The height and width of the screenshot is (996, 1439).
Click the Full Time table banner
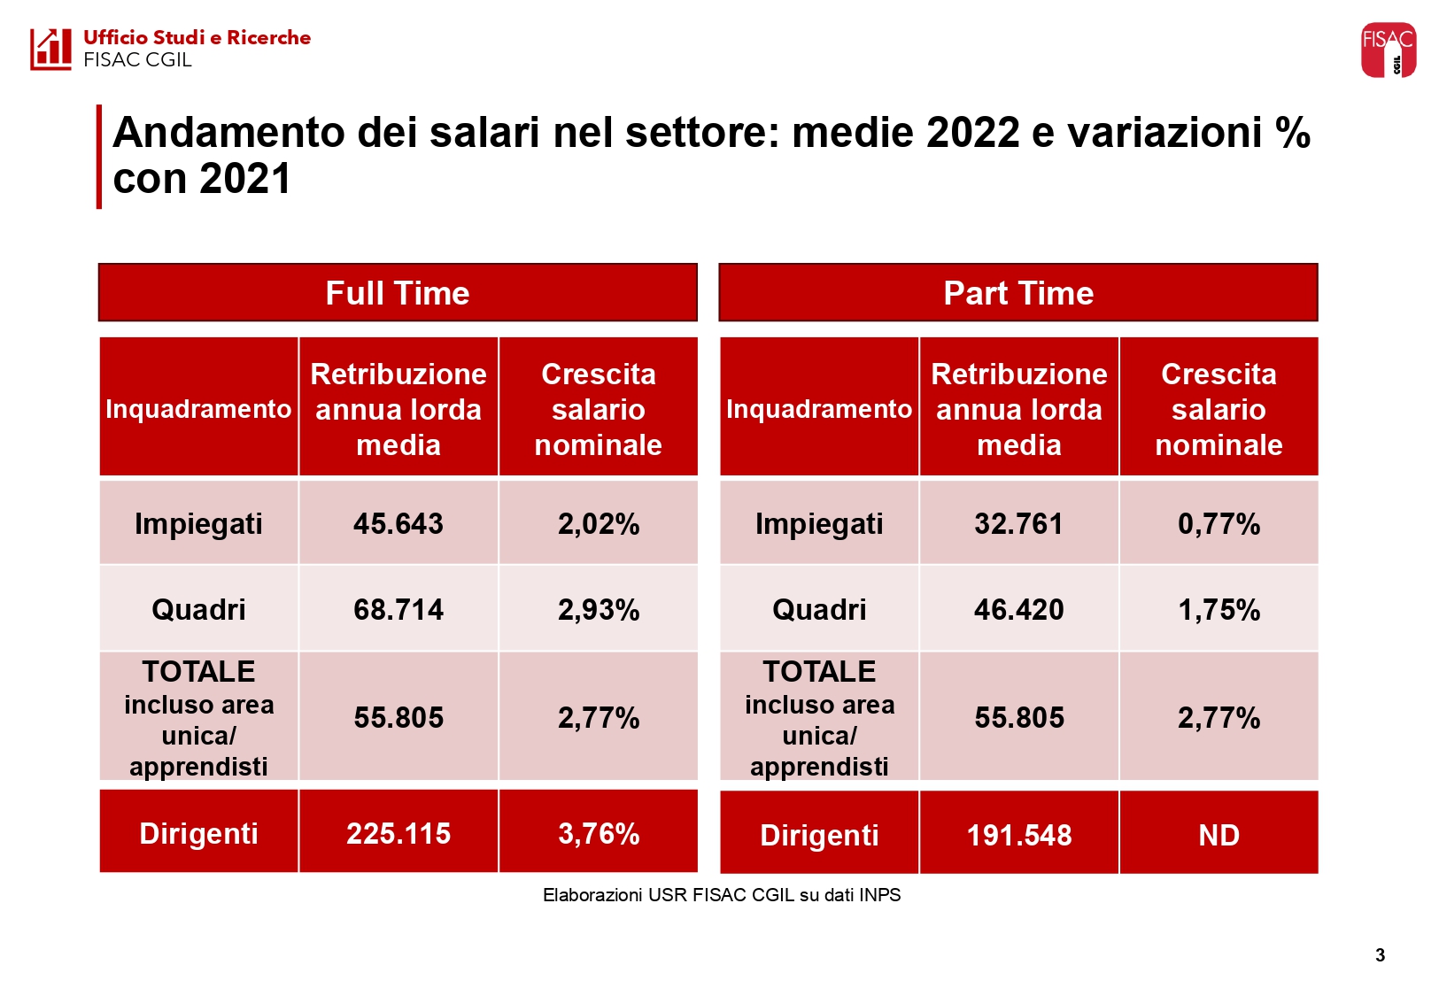pyautogui.click(x=398, y=293)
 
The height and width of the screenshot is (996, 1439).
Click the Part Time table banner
pyautogui.click(x=1018, y=293)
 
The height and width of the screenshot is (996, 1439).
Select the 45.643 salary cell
pyautogui.click(x=398, y=523)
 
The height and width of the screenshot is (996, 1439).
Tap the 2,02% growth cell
pyautogui.click(x=599, y=523)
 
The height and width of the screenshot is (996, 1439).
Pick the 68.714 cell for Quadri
pyautogui.click(x=398, y=609)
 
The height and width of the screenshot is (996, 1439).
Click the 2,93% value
pyautogui.click(x=599, y=609)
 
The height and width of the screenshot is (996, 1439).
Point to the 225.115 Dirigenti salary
pyautogui.click(x=398, y=833)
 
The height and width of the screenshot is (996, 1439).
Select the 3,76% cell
pyautogui.click(x=599, y=833)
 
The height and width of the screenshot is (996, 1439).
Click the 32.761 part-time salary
pyautogui.click(x=1018, y=523)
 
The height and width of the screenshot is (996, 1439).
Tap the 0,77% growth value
pyautogui.click(x=1219, y=523)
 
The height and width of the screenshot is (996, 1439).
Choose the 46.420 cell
pyautogui.click(x=1018, y=609)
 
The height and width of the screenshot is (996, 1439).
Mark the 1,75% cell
pyautogui.click(x=1219, y=609)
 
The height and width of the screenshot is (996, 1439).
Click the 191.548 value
pyautogui.click(x=1018, y=835)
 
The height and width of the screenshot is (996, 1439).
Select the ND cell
pyautogui.click(x=1219, y=835)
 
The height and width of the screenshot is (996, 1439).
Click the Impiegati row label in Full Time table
pyautogui.click(x=198, y=523)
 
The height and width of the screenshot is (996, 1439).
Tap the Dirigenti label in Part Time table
pyautogui.click(x=819, y=835)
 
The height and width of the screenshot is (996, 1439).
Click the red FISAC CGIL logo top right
pyautogui.click(x=1388, y=50)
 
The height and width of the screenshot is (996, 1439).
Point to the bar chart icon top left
pyautogui.click(x=50, y=49)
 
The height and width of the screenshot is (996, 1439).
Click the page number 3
pyautogui.click(x=1380, y=954)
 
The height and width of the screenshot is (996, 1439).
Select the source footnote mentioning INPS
pyautogui.click(x=722, y=895)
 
